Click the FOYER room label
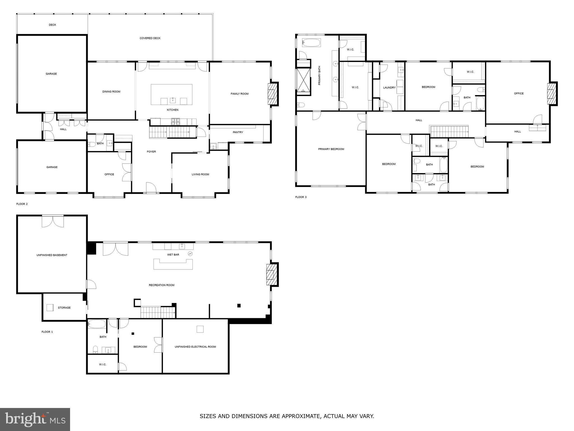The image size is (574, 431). pyautogui.click(x=151, y=152)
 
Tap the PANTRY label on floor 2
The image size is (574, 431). pyautogui.click(x=238, y=132)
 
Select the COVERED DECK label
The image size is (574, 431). pyautogui.click(x=150, y=38)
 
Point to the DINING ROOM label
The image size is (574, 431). pyautogui.click(x=111, y=91)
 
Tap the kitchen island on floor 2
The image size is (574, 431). pyautogui.click(x=172, y=94)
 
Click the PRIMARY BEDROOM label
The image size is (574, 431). pyautogui.click(x=331, y=149)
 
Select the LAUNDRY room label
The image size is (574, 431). pyautogui.click(x=389, y=88)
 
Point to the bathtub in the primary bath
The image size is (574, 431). pyautogui.click(x=311, y=43)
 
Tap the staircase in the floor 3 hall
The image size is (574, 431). pyautogui.click(x=449, y=131)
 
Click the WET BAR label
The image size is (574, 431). pyautogui.click(x=173, y=255)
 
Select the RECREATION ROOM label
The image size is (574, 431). pyautogui.click(x=161, y=285)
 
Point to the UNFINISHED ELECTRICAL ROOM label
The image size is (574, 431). pyautogui.click(x=195, y=347)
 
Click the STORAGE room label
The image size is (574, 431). pyautogui.click(x=64, y=308)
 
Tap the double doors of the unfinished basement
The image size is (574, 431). pyautogui.click(x=53, y=221)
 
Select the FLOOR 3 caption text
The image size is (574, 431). pyautogui.click(x=301, y=197)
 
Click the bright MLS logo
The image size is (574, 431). pyautogui.click(x=35, y=419)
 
